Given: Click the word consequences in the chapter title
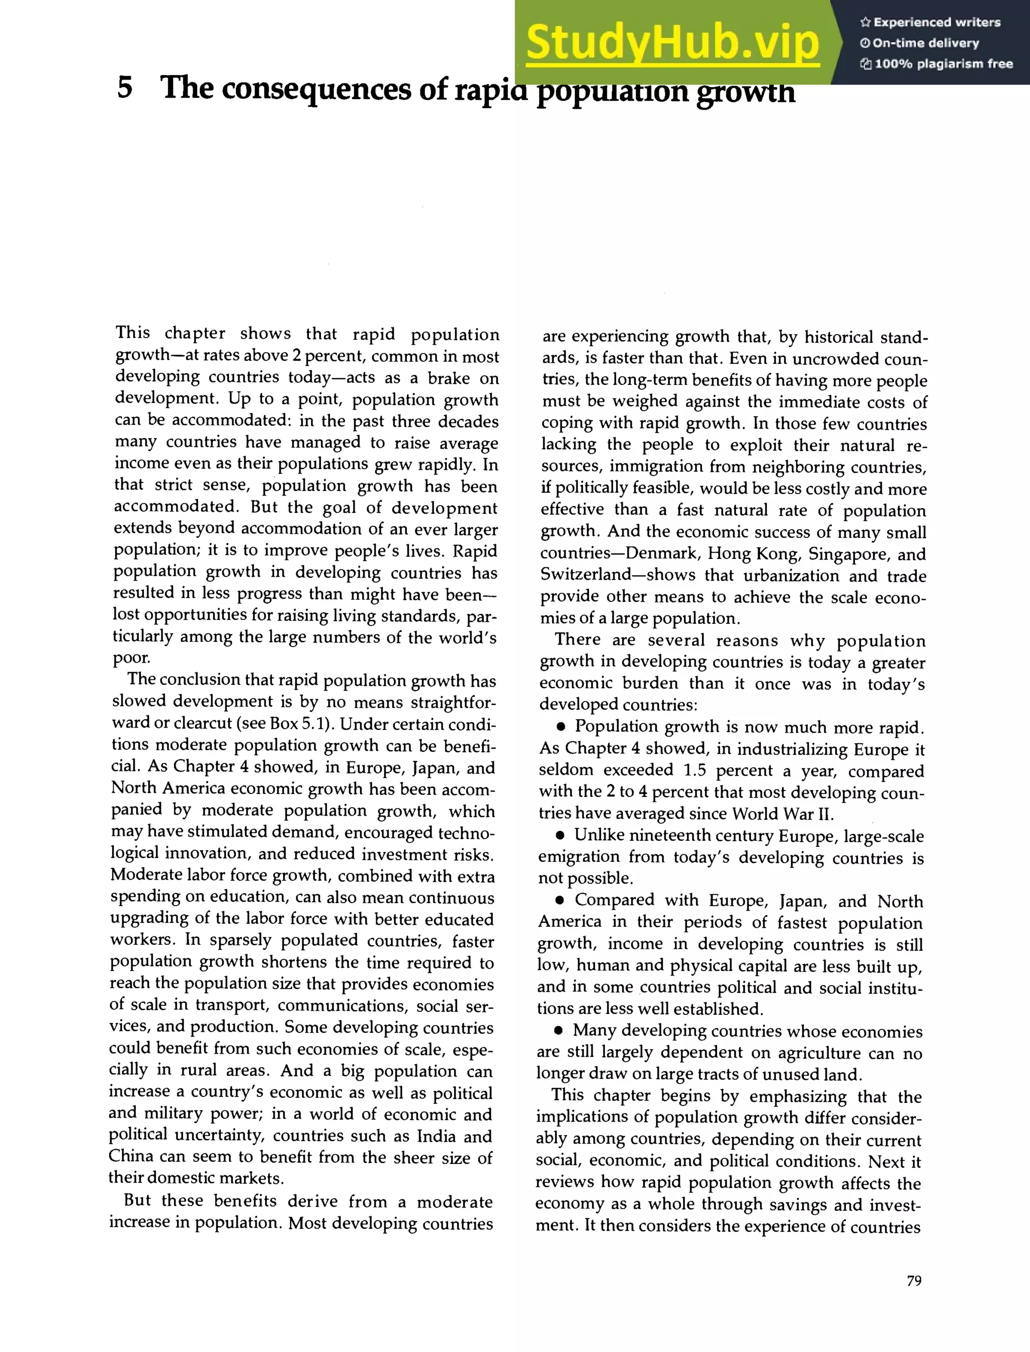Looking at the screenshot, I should [x=316, y=89].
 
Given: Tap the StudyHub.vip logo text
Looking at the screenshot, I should [x=672, y=42].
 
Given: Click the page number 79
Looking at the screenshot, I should [x=913, y=1281].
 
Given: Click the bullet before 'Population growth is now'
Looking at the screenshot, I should [x=560, y=728].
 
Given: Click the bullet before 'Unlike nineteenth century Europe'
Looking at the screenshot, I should [x=560, y=836].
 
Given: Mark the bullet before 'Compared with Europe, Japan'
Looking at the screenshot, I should [x=560, y=901].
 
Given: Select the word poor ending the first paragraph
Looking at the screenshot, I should [x=131, y=658].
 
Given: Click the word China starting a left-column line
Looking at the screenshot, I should [x=131, y=1156].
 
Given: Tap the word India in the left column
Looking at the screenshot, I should [x=436, y=1136].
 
